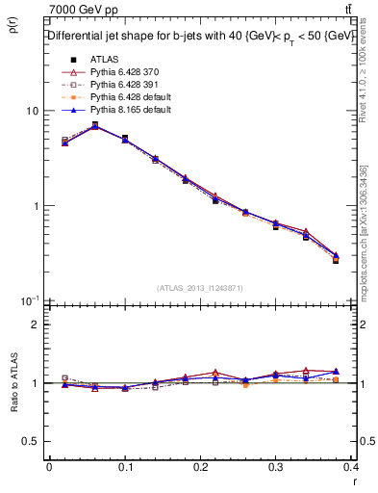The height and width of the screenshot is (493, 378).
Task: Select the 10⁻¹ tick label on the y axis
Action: tap(29, 300)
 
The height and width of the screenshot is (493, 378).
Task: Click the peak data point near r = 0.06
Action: tap(94, 124)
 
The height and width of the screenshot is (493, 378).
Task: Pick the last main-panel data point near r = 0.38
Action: tap(336, 259)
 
